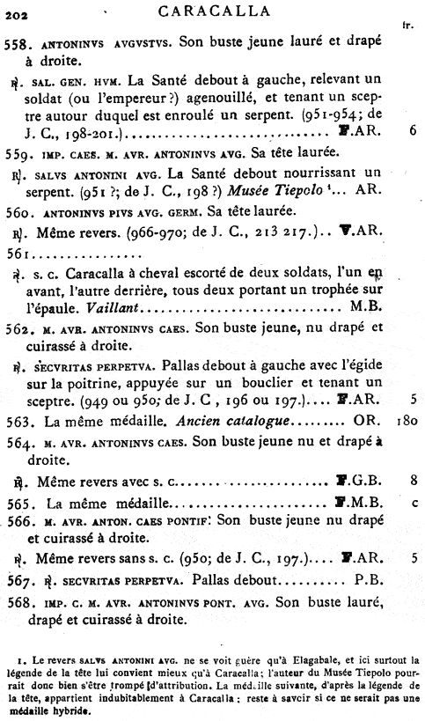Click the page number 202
16,11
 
